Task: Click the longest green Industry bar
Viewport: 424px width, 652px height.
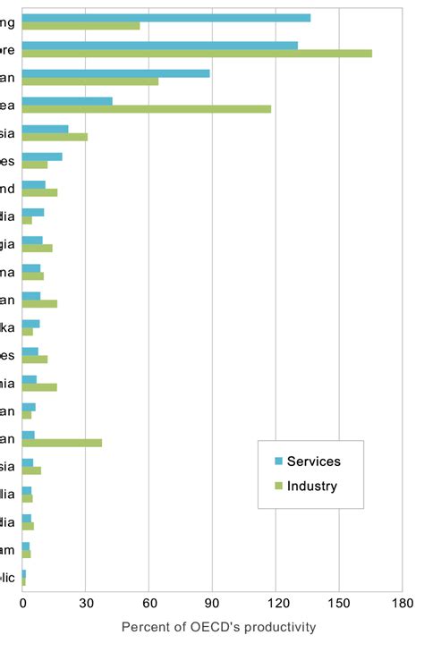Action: click(197, 54)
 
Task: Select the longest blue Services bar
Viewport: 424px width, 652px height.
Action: click(166, 18)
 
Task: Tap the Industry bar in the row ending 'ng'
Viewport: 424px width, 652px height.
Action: click(81, 26)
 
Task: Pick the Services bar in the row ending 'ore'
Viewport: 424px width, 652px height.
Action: click(159, 46)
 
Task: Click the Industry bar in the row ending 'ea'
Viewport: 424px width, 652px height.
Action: click(146, 109)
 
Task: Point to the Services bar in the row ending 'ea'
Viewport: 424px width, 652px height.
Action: click(67, 101)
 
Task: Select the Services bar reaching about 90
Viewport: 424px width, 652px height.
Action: click(115, 73)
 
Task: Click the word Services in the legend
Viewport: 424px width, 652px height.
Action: click(313, 461)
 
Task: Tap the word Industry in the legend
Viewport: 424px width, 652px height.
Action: click(311, 487)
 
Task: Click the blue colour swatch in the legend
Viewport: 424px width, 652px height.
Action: click(278, 461)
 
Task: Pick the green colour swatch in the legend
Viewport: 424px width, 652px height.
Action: click(278, 487)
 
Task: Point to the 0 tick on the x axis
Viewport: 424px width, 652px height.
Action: click(22, 603)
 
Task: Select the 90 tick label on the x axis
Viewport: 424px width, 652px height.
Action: click(212, 603)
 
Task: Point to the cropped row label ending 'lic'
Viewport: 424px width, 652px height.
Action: click(7, 577)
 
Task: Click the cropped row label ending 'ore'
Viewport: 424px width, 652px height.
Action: click(7, 50)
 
